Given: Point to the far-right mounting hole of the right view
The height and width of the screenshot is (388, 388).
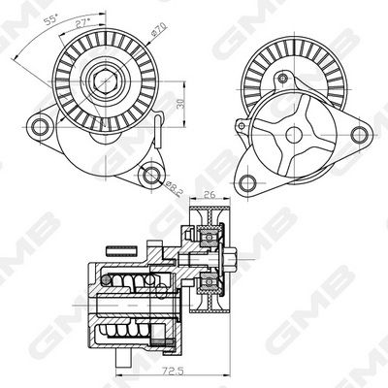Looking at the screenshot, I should (366, 126).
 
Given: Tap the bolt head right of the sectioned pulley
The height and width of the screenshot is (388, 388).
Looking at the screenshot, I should (240, 259).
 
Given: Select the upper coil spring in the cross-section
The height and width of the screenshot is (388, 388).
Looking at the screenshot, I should (131, 283).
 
